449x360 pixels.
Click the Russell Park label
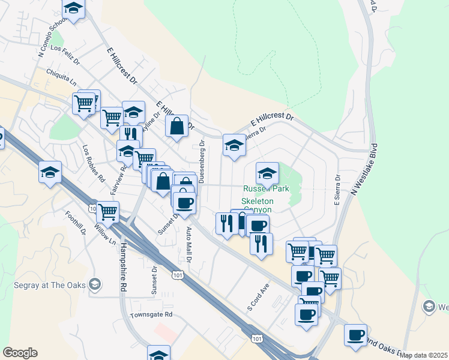(266, 188)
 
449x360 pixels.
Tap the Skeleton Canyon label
(258, 205)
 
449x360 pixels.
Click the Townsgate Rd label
(152, 314)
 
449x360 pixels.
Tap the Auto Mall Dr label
(188, 244)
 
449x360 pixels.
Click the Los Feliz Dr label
(65, 55)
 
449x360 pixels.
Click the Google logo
(20, 353)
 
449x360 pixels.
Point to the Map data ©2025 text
(424, 355)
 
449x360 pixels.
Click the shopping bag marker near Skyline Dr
(177, 126)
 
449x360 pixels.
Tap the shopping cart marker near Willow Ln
(107, 211)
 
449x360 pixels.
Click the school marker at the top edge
(73, 8)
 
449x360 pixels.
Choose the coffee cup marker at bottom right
(355, 334)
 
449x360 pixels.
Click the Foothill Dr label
(83, 224)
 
